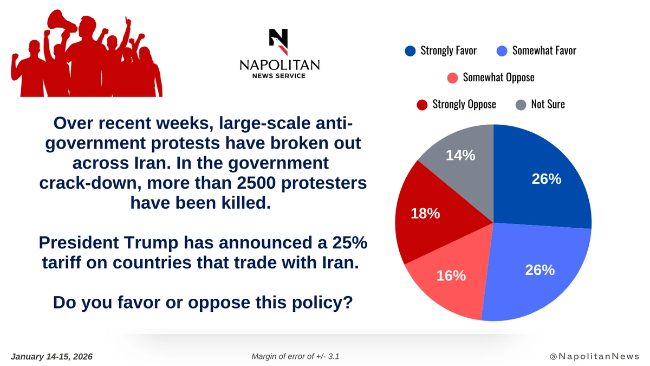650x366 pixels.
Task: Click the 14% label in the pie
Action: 460,155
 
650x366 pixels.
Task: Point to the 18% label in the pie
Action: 425,214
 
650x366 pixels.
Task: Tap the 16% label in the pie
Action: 451,275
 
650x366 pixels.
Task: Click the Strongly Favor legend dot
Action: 410,51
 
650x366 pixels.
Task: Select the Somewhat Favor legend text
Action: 544,51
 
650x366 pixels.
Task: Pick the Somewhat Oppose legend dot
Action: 452,78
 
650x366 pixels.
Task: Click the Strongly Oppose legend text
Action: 464,104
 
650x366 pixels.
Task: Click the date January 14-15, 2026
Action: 52,357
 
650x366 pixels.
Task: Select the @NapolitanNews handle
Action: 595,357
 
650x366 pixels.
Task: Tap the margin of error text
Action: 296,357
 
